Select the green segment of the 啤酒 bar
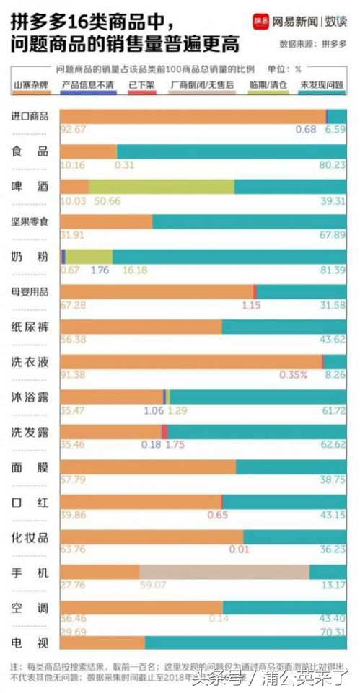[x=161, y=187]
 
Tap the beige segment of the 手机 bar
[x=224, y=572]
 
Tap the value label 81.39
[x=333, y=270]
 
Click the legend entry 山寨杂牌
[x=30, y=85]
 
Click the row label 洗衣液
[x=30, y=362]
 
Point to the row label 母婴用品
[x=30, y=292]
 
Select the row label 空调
[x=30, y=608]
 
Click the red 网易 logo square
[x=260, y=22]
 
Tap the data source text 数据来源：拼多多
[x=312, y=44]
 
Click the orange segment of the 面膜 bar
[x=148, y=467]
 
